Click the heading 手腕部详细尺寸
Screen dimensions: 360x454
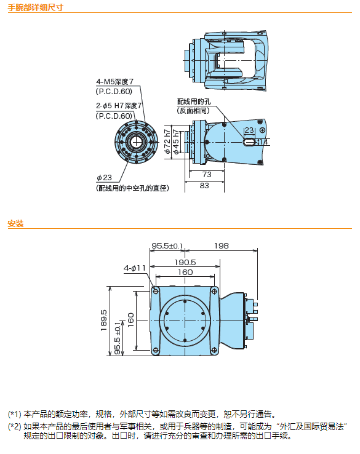pyautogui.click(x=35, y=7)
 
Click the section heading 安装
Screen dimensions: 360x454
pyautogui.click(x=15, y=223)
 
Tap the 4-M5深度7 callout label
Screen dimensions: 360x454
pyautogui.click(x=114, y=82)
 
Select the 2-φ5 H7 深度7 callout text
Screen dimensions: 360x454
pyautogui.click(x=119, y=106)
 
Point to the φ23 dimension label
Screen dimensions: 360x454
pyautogui.click(x=104, y=178)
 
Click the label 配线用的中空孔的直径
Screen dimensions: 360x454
pyautogui.click(x=133, y=188)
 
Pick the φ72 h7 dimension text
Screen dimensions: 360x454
pyautogui.click(x=167, y=141)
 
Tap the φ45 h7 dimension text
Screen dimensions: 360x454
pyautogui.click(x=176, y=142)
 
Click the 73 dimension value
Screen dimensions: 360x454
pyautogui.click(x=207, y=175)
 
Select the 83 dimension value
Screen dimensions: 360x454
pyautogui.click(x=204, y=186)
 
